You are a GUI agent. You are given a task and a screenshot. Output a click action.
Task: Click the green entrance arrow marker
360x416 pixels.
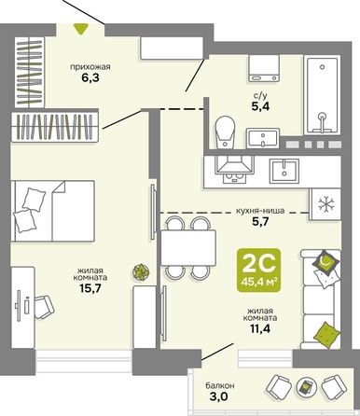pyautogui.click(x=80, y=29)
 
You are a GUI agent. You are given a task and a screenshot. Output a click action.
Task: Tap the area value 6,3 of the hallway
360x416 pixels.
pyautogui.click(x=90, y=77)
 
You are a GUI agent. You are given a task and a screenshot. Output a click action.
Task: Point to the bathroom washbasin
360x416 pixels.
pyautogui.click(x=263, y=138)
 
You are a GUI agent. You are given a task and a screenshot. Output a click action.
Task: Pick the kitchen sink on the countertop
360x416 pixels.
pyautogui.click(x=284, y=171)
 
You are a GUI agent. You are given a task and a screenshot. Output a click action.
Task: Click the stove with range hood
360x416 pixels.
pyautogui.click(x=235, y=170)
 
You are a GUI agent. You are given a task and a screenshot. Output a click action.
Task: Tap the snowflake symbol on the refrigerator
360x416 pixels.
pyautogui.click(x=325, y=204)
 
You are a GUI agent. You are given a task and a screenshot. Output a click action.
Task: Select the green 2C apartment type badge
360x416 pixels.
pyautogui.click(x=258, y=270)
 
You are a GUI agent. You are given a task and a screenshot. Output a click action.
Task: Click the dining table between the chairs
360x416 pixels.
pyautogui.click(x=188, y=247)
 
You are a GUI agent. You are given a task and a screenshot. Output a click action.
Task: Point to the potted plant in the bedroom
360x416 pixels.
pyautogui.click(x=141, y=272)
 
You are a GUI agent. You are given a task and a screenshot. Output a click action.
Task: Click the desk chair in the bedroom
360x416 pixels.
pyautogui.click(x=44, y=307)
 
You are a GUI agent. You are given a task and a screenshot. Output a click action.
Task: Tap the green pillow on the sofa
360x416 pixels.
pyautogui.click(x=326, y=335)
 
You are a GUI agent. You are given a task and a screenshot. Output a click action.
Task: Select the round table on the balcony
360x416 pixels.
pyautogui.click(x=305, y=386)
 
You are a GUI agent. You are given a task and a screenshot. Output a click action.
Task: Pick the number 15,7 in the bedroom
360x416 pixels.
pyautogui.click(x=90, y=288)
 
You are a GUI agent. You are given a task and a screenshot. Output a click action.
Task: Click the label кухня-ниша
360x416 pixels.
pyautogui.click(x=260, y=211)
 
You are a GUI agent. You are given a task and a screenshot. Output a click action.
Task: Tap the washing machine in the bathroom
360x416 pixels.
pyautogui.click(x=264, y=68)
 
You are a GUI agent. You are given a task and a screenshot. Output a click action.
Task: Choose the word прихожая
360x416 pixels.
pyautogui.click(x=90, y=67)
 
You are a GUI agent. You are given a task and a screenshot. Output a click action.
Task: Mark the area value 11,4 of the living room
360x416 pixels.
pyautogui.click(x=260, y=328)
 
